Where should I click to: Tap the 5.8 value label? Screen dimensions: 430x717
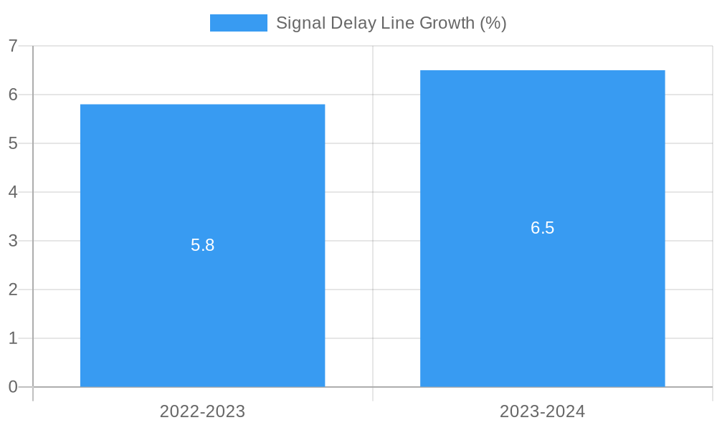(202, 245)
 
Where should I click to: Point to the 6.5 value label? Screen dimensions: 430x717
(542, 228)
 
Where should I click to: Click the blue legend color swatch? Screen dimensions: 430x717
(238, 23)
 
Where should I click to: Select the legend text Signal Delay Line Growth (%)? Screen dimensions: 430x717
(391, 23)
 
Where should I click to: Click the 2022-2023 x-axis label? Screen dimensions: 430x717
(202, 411)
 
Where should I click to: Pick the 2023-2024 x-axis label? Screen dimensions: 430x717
(542, 411)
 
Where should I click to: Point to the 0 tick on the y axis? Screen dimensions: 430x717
(13, 387)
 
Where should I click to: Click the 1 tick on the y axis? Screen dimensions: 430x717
(13, 338)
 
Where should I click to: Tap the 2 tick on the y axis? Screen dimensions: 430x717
(13, 290)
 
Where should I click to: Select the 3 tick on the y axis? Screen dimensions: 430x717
(13, 241)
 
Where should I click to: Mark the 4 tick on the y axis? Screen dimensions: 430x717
(13, 192)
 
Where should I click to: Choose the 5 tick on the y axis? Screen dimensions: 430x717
(13, 143)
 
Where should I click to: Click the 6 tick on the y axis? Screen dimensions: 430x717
(13, 95)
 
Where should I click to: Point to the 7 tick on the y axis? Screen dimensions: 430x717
(13, 46)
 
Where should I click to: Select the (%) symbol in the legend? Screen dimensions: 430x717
(493, 23)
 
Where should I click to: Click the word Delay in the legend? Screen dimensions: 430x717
(351, 23)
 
